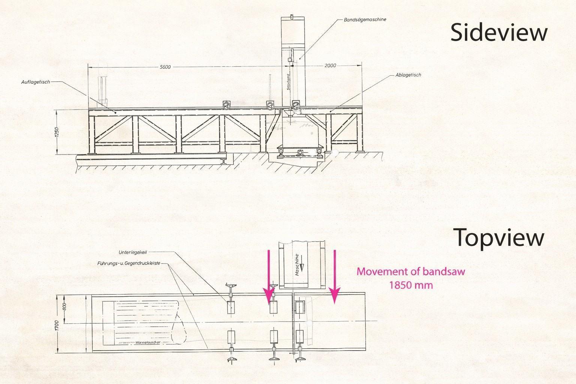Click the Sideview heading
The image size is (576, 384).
[498, 33]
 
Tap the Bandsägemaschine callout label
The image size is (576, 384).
[365, 19]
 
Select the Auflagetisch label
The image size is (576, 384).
[36, 82]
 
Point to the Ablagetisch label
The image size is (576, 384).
[408, 75]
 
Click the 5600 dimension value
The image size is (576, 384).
[165, 67]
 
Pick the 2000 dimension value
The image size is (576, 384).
[330, 66]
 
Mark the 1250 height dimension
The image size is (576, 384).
[57, 132]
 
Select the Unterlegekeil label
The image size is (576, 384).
[132, 252]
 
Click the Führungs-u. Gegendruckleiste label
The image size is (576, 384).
[129, 263]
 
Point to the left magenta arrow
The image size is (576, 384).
[268, 277]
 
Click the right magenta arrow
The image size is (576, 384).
[334, 277]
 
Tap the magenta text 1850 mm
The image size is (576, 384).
[411, 285]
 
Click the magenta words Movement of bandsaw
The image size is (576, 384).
[411, 271]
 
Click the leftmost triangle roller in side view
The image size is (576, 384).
[226, 106]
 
